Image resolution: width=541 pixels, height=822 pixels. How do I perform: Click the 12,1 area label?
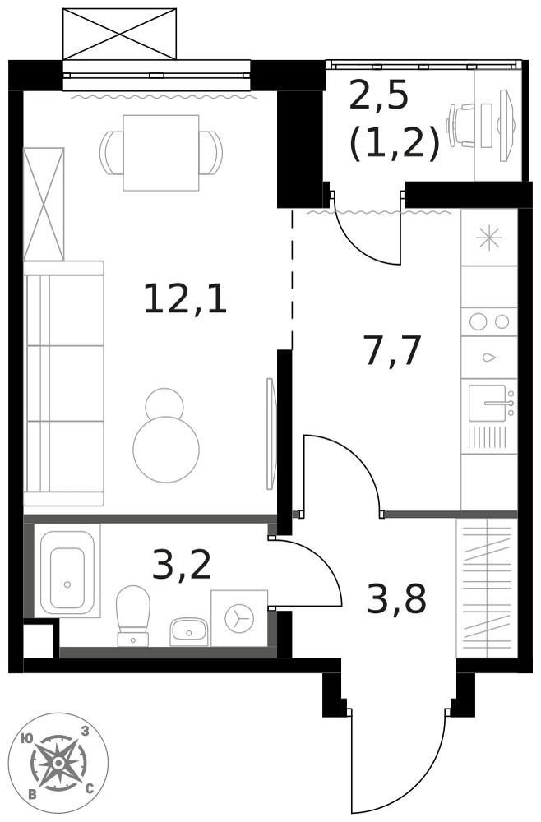185,298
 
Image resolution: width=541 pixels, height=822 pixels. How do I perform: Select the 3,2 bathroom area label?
183,566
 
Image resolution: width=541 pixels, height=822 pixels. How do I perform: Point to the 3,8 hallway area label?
396,601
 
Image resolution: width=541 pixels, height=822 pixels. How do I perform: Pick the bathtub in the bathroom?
67,570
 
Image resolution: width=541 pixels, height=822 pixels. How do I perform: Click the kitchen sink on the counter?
488,403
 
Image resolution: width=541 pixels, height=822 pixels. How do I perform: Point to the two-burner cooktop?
488,321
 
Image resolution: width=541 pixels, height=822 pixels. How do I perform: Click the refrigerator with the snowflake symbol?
489,238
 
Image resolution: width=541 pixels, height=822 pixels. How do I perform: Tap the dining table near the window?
161,152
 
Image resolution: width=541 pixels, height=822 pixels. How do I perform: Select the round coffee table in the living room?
166,448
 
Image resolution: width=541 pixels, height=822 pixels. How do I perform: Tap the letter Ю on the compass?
28,739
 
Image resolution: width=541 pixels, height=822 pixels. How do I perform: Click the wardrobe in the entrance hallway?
487,588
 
